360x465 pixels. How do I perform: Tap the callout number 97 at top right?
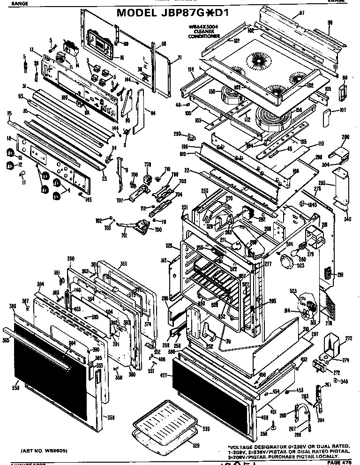(302, 12)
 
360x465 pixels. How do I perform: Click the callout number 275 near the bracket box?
(348, 338)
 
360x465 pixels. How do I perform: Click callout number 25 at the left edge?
(8, 114)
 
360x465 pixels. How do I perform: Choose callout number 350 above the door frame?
(71, 259)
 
